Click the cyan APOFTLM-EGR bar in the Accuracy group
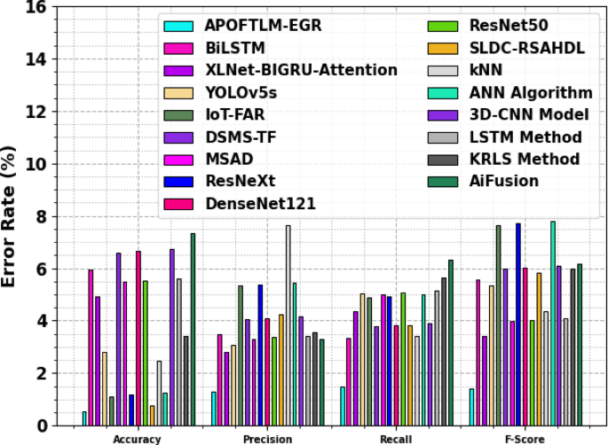[84, 418]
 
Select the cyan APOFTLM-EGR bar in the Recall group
[343, 406]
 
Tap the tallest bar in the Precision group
[288, 325]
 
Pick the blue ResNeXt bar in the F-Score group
[518, 324]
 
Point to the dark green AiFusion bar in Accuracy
[193, 329]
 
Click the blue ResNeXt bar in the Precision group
[260, 355]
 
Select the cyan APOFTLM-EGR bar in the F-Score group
[471, 407]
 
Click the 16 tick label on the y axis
[37, 7]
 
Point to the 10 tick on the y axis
[37, 164]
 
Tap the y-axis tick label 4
[42, 321]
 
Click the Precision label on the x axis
[267, 438]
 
